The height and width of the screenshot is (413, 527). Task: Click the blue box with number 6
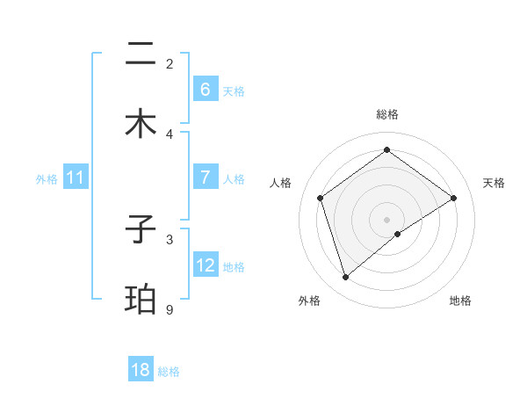(x=205, y=89)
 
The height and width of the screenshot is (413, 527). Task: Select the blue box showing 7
(x=205, y=177)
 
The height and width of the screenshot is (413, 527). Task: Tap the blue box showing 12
(x=205, y=264)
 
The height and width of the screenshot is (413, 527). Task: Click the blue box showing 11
(x=76, y=178)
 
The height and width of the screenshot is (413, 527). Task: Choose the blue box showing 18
(x=141, y=370)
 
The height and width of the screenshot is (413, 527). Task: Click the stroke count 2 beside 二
(x=170, y=63)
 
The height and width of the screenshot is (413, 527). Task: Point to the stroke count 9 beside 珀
(x=170, y=309)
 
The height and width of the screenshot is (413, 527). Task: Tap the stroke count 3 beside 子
(x=170, y=239)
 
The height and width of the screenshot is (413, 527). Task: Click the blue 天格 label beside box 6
(x=234, y=91)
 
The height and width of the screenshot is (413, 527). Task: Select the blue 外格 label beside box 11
(x=47, y=179)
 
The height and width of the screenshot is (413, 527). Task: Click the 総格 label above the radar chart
(x=387, y=114)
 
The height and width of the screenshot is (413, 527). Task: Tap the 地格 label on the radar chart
(x=460, y=301)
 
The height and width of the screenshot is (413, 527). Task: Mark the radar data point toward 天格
(x=454, y=198)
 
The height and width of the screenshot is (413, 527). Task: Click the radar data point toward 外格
(x=345, y=278)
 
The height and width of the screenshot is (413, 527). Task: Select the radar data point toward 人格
(x=321, y=198)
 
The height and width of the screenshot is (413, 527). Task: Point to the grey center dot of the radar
(x=387, y=219)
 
